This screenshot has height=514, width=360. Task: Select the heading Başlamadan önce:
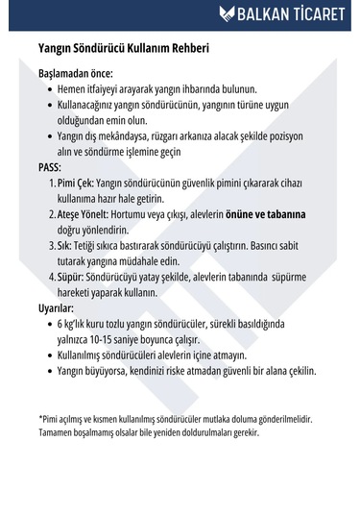[75, 73]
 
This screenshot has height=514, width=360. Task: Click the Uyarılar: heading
[56, 308]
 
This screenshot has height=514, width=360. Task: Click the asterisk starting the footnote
[40, 419]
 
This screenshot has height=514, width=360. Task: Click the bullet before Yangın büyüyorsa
[48, 371]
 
